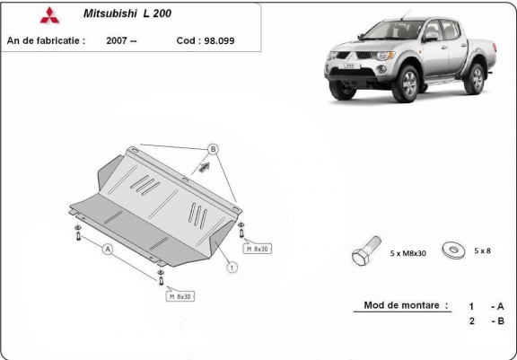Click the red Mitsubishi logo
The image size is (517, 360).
49,15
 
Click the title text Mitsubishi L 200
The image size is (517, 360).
127,13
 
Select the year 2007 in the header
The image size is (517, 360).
117,40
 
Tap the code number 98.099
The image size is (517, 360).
219,41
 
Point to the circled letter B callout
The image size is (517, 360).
213,149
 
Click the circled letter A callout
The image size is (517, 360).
108,250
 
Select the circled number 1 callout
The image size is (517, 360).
232,267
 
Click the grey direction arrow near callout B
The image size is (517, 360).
205,167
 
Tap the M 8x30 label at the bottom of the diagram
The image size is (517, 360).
180,296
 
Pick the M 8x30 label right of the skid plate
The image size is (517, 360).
258,249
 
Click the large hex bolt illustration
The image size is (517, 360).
365,250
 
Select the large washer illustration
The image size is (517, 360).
453,250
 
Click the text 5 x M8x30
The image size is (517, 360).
407,253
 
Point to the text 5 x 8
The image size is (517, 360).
482,250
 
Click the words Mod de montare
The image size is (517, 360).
401,305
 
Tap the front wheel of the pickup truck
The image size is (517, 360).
406,83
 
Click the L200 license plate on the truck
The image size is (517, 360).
349,66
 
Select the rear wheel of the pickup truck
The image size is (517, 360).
475,79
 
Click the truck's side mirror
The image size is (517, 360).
431,37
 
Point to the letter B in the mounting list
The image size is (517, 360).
501,320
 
